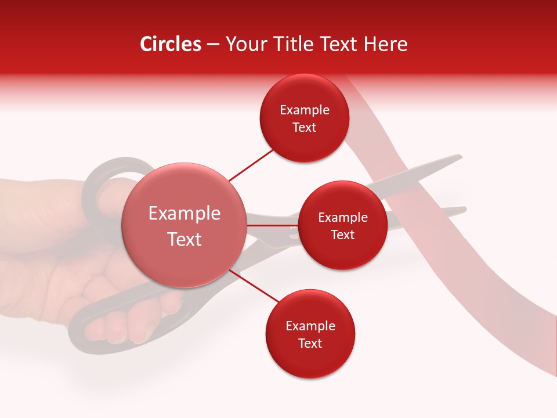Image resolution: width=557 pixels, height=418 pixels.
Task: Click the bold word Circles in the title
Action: click(x=171, y=44)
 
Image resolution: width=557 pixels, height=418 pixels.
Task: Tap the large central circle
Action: click(x=184, y=225)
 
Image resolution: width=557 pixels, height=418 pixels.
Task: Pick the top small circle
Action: click(x=304, y=118)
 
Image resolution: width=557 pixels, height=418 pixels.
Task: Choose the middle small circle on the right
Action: click(x=342, y=225)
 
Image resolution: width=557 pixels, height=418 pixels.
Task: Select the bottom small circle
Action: click(x=310, y=334)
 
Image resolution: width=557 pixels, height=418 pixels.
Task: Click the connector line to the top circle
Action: click(x=251, y=164)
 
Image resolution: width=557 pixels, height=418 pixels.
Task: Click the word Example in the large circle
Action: click(x=185, y=214)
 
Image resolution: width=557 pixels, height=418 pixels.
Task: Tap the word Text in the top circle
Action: click(x=304, y=128)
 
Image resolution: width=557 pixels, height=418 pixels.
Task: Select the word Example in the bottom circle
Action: click(x=310, y=326)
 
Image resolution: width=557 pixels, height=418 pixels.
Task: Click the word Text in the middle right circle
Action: click(x=342, y=235)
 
